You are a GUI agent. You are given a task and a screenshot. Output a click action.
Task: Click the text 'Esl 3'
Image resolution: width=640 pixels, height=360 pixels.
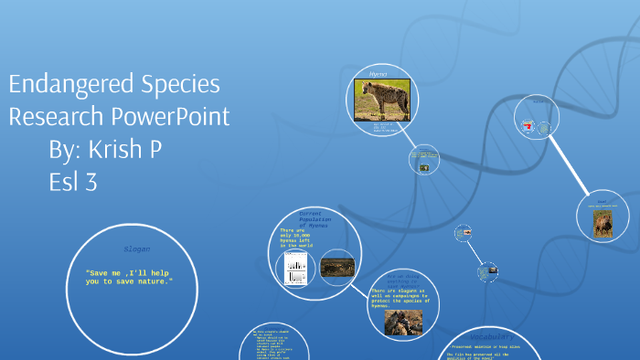point(73,183)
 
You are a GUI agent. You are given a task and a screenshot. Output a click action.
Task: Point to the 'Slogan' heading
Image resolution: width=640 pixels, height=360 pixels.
point(136,249)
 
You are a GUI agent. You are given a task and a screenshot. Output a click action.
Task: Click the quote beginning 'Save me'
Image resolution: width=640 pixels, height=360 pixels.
point(128,277)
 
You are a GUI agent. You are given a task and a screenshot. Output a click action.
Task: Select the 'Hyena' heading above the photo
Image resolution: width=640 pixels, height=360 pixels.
point(379,72)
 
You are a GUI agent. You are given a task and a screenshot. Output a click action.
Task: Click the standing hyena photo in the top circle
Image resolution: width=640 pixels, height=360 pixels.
point(381,99)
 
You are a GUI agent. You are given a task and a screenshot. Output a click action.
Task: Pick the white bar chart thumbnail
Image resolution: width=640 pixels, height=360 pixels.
point(295,268)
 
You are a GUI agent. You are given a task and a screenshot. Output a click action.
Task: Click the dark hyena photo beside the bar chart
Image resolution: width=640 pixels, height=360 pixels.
point(336,266)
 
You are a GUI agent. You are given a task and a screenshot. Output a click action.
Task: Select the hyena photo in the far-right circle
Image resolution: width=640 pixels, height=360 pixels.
point(603,223)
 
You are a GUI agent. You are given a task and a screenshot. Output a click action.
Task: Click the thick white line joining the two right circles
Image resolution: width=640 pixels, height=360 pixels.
point(571,170)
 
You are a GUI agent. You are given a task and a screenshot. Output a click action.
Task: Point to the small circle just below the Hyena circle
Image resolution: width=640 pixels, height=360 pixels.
point(423,160)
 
